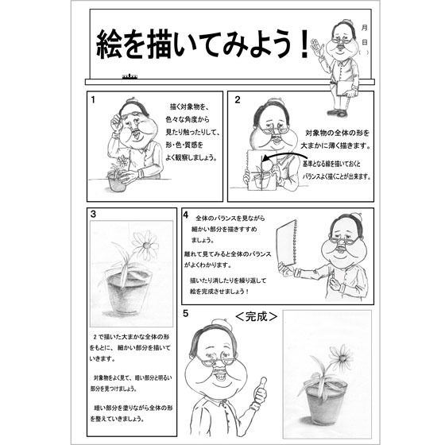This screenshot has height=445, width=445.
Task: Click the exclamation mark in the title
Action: tap(305, 44)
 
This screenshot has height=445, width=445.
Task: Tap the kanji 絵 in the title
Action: tap(110, 44)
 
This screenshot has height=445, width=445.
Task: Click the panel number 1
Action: tap(93, 100)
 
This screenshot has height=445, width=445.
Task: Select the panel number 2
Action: tap(238, 100)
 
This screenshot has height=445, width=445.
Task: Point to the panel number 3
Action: tap(93, 214)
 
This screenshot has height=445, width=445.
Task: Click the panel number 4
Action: tap(186, 215)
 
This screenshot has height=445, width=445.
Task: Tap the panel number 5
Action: tap(186, 313)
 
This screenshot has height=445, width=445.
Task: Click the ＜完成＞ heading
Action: tap(256, 316)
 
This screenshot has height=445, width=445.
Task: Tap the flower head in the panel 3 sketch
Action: tap(145, 245)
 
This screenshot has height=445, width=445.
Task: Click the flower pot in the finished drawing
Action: tap(326, 403)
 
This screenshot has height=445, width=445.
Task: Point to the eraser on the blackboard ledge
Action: tap(130, 76)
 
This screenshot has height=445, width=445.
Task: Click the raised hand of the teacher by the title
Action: tap(317, 47)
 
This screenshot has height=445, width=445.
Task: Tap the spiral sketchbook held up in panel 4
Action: tap(287, 242)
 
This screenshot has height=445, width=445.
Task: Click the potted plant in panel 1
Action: tap(118, 174)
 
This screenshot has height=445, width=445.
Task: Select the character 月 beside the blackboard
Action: tap(365, 28)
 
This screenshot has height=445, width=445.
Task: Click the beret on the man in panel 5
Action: tap(222, 324)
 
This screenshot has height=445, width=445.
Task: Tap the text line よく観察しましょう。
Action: tap(191, 158)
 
